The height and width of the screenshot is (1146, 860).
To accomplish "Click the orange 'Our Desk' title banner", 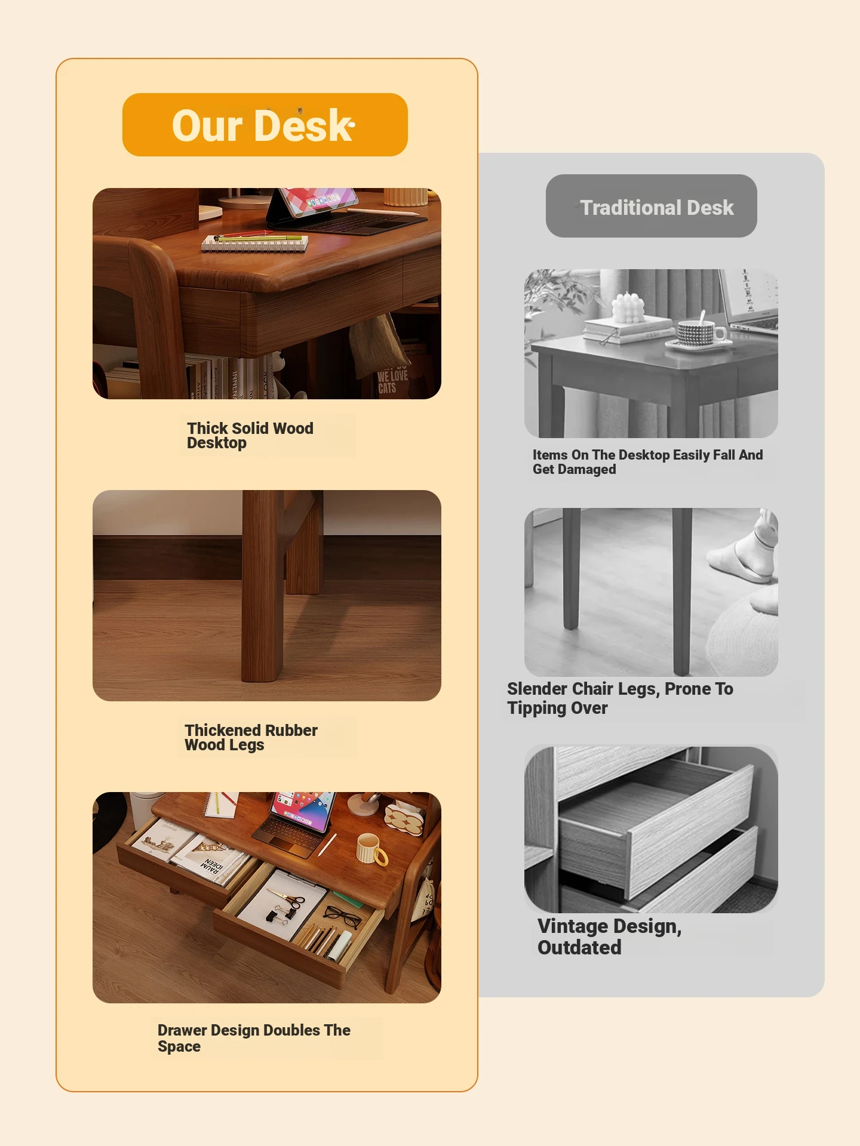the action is [265, 125].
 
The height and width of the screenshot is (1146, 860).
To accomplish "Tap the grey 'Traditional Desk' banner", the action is [652, 206].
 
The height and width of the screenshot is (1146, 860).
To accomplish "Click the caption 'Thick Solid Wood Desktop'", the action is [250, 436].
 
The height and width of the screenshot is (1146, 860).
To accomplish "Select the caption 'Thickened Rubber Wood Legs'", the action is [251, 738].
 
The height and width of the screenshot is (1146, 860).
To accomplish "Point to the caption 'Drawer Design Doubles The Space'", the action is [254, 1038].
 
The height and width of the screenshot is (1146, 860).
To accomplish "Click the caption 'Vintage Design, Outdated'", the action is [609, 936].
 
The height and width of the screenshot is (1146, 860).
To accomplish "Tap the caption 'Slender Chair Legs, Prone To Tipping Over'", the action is [620, 698].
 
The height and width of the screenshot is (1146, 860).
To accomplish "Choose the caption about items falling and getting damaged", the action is [648, 462].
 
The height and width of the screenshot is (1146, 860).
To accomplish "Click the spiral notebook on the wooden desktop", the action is [255, 242].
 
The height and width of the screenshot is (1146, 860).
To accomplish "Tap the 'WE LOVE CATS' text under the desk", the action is [392, 381].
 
